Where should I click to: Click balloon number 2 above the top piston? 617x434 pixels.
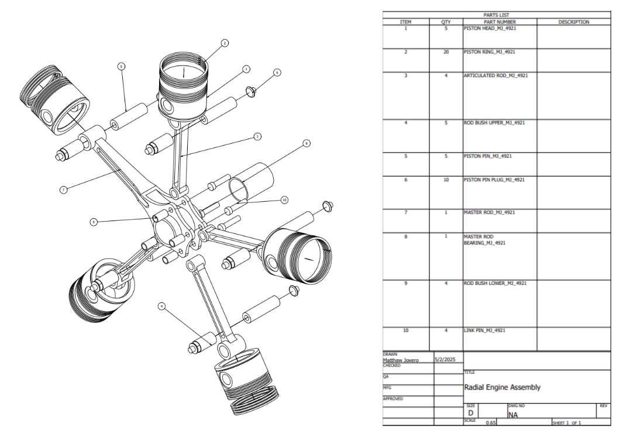[225, 43]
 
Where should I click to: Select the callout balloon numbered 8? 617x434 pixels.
[306, 143]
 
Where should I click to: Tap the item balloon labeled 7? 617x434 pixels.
[63, 190]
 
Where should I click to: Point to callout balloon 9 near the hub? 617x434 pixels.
[93, 222]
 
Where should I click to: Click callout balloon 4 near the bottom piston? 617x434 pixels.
[161, 305]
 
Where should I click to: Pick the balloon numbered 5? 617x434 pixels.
[121, 67]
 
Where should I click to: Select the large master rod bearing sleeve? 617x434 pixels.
[250, 181]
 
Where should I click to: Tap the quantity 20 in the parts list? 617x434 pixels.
[446, 52]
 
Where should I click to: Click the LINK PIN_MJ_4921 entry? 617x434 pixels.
[484, 330]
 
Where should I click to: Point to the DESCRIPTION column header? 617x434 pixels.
[573, 22]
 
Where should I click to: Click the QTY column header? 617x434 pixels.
[446, 22]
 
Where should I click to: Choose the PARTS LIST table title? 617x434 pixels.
[496, 15]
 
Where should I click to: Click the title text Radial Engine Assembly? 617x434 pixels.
[502, 387]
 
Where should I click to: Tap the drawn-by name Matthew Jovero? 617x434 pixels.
[401, 360]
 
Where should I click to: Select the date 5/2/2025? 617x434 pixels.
[445, 360]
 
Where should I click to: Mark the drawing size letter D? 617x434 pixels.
[470, 413]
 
